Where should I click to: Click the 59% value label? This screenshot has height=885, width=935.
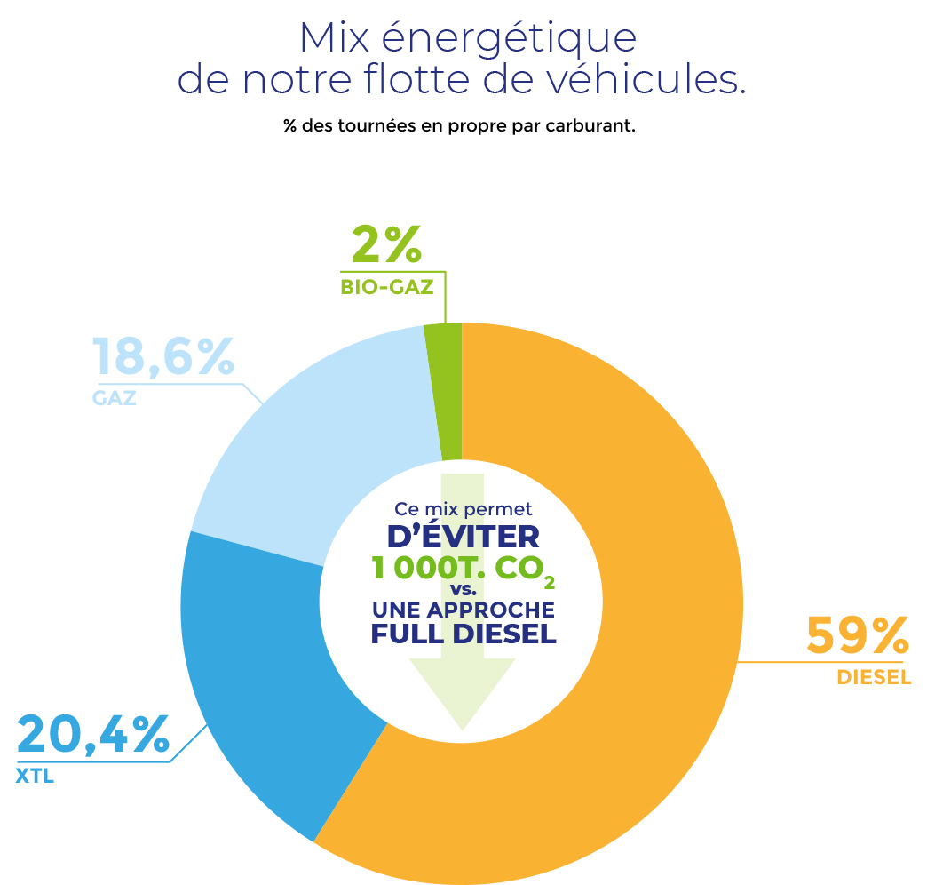pyautogui.click(x=856, y=636)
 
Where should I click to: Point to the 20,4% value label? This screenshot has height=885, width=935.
pyautogui.click(x=92, y=736)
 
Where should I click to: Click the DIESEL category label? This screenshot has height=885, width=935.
pyautogui.click(x=874, y=678)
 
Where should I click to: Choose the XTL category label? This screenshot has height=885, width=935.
pyautogui.click(x=36, y=777)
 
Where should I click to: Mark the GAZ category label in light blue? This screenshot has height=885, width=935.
pyautogui.click(x=114, y=397)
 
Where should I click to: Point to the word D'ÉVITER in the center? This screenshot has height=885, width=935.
pyautogui.click(x=463, y=538)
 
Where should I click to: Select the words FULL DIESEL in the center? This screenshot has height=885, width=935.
pyautogui.click(x=463, y=634)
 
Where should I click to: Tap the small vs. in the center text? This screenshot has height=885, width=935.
pyautogui.click(x=463, y=590)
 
